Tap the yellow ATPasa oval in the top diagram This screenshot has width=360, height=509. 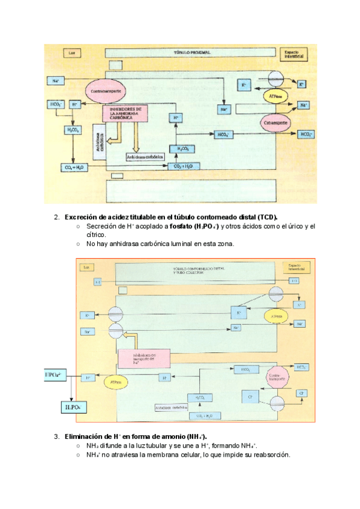[272, 95]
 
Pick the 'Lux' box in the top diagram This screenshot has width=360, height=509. [71, 53]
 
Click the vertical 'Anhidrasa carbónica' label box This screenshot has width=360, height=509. [100, 142]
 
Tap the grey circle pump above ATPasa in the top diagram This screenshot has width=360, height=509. [276, 79]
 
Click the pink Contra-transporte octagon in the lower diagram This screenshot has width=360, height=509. [275, 376]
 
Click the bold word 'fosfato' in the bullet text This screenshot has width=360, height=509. [177, 226]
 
